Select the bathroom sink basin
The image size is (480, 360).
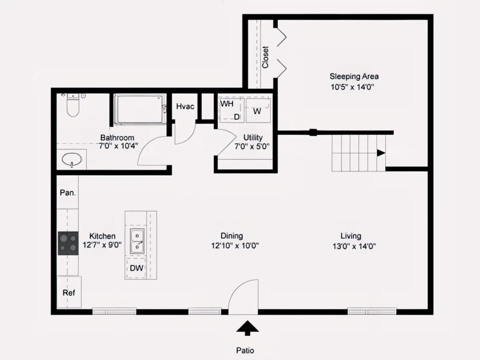coord(72,160)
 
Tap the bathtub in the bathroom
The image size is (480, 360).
coord(139,109)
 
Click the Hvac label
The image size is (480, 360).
coord(185,106)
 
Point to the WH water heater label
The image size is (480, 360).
coord(227,104)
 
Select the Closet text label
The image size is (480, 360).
coord(265,57)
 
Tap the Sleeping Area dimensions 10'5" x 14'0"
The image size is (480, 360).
coord(352,87)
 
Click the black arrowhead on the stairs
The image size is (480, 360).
coord(381,153)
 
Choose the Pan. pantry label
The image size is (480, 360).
coord(68,192)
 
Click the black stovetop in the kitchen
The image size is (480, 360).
coord(68,243)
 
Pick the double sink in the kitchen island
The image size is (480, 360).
coord(137,241)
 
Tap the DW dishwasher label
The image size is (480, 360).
coord(136,268)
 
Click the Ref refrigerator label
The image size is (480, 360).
coord(69,293)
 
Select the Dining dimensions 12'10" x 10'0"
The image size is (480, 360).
coord(235,246)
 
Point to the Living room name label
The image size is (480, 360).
coord(351,236)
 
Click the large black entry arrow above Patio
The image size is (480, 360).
coord(247,328)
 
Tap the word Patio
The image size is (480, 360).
coord(245,351)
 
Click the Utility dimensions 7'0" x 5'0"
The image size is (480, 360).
coord(252,146)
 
